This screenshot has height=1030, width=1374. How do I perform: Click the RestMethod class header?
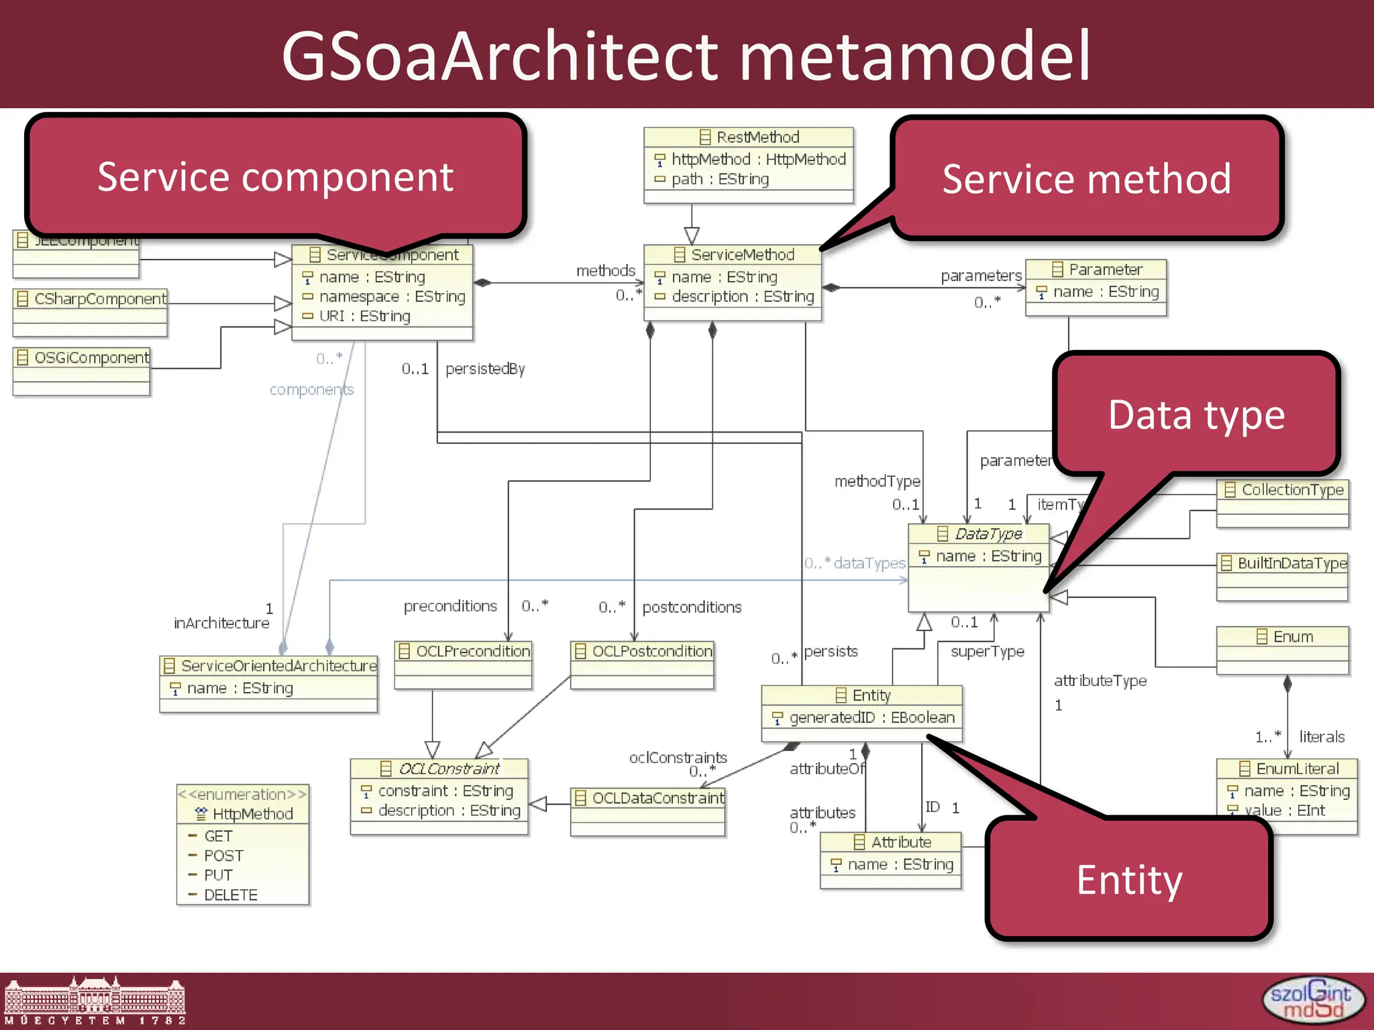(749, 137)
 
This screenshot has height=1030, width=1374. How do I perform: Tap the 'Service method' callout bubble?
(1086, 179)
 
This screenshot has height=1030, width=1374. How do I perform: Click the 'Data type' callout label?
(1196, 414)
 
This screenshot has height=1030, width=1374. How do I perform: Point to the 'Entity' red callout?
(1129, 880)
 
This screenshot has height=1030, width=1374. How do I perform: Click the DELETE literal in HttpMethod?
(230, 895)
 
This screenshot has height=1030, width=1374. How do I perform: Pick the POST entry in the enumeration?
(223, 856)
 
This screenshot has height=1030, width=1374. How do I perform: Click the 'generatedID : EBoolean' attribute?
(871, 718)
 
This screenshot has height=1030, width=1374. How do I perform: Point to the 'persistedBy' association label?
(485, 369)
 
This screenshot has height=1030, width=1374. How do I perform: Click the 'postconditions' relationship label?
(692, 608)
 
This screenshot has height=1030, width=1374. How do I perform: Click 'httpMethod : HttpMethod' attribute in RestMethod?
(758, 160)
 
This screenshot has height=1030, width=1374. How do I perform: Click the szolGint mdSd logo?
(1312, 1000)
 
